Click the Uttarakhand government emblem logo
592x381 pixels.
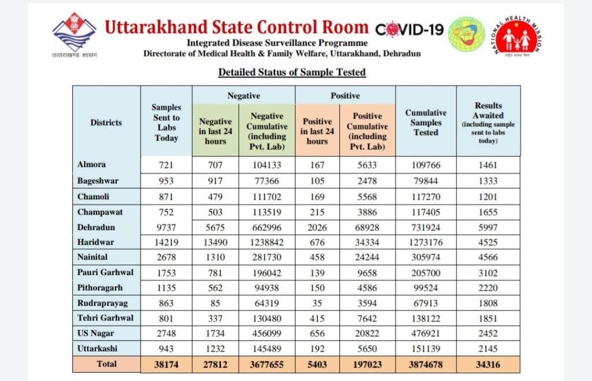(75, 34)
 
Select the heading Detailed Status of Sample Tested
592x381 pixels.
(292, 72)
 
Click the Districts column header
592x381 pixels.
(106, 123)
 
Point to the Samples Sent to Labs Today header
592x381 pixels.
(166, 123)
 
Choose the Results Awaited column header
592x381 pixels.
(488, 123)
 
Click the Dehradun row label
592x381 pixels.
(96, 227)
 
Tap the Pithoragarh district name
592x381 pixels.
(100, 287)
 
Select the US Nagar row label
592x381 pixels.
(96, 332)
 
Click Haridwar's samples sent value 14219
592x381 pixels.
(166, 242)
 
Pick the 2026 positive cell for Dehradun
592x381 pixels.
(317, 227)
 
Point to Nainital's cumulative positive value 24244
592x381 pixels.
(367, 257)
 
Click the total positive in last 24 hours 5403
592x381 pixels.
(317, 365)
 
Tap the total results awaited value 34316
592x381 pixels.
(488, 365)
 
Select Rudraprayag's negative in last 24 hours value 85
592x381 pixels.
(215, 302)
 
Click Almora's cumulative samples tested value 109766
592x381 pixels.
(425, 165)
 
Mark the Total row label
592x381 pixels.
(106, 364)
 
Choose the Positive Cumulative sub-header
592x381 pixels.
(367, 131)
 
